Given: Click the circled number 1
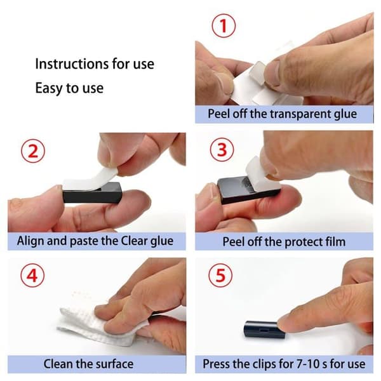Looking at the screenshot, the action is pos(224,26).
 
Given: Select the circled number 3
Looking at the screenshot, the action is pos(222,149).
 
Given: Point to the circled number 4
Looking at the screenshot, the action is pos(32,276).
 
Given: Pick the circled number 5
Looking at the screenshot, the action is pos(220,276).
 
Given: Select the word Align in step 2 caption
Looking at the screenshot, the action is pos(31,241).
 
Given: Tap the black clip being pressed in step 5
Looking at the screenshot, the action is pos(264,330).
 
